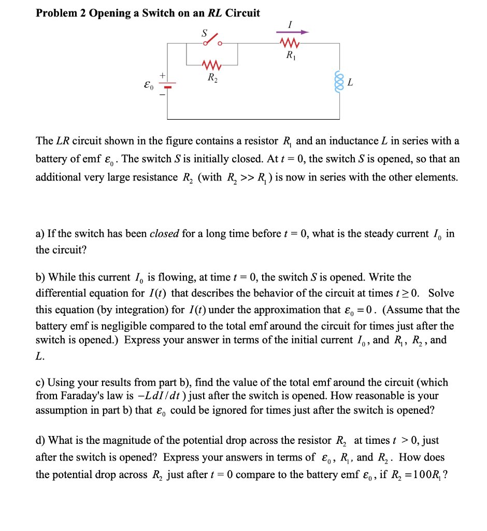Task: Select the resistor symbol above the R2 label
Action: [x=212, y=65]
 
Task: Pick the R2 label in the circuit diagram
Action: [x=212, y=78]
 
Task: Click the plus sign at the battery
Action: [x=162, y=76]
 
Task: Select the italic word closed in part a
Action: [x=164, y=234]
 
